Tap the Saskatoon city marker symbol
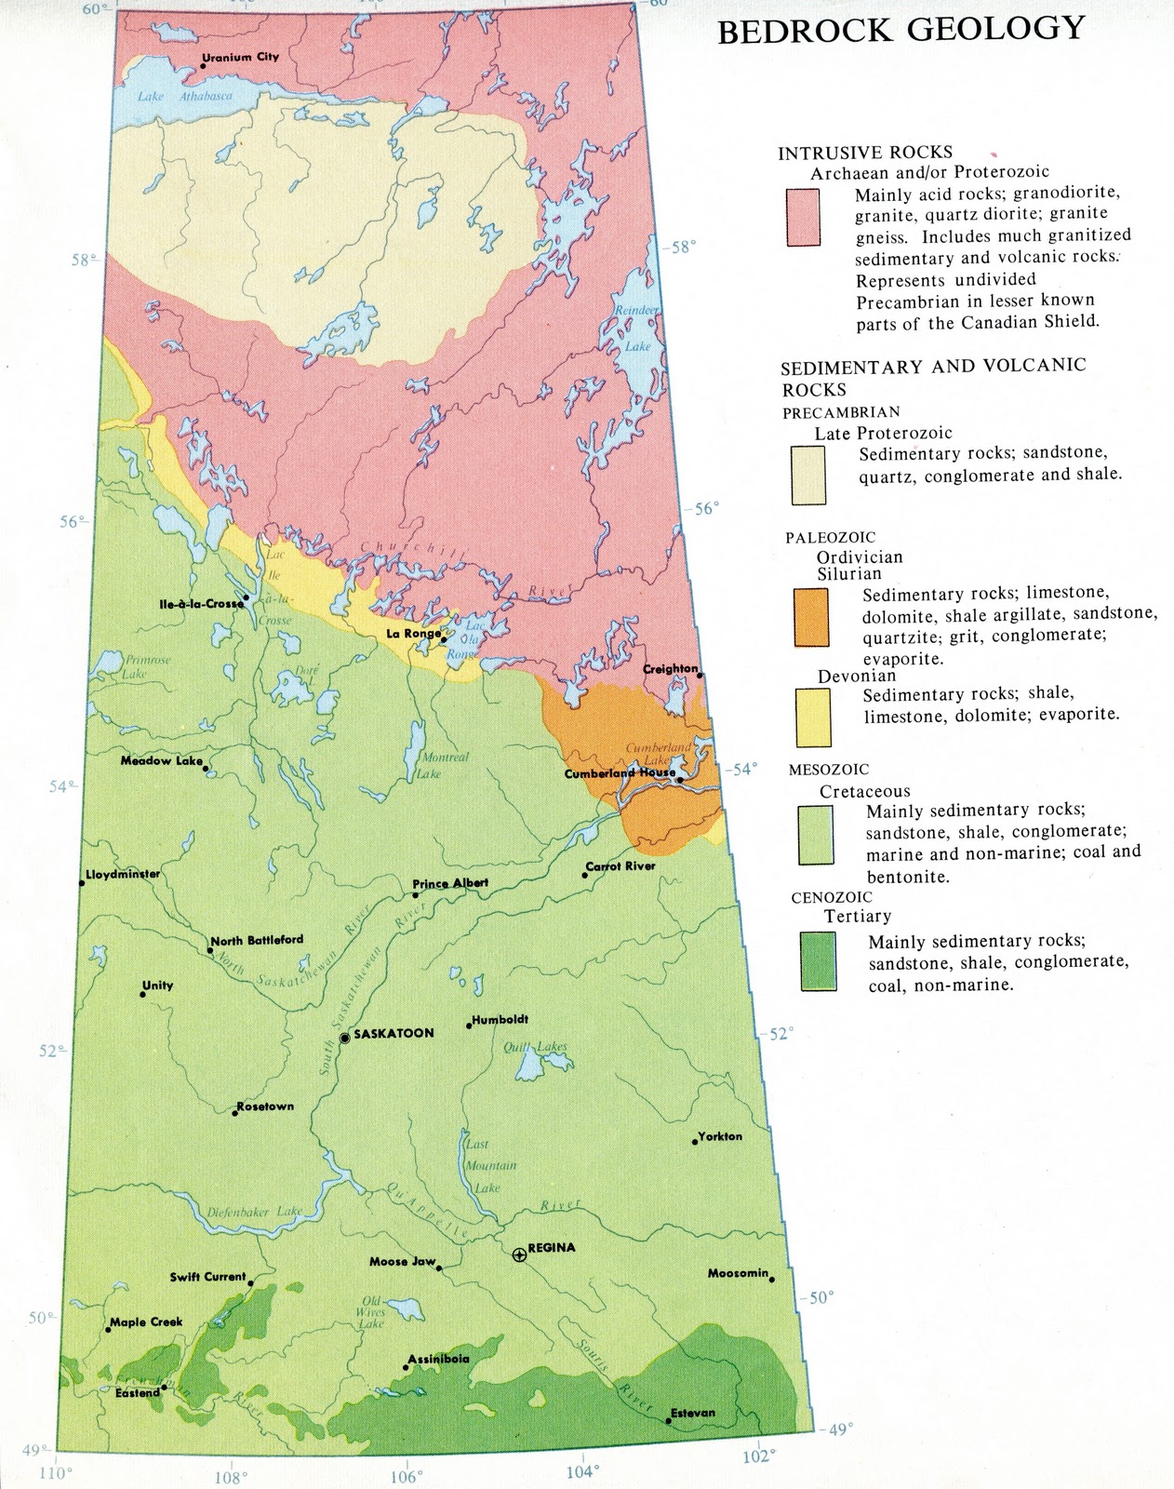344,1037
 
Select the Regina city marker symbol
519,1255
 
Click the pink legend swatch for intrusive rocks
803,217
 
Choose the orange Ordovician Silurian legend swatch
811,616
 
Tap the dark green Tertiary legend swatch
816,960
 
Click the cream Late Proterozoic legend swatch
807,475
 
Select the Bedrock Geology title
901,30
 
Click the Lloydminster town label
123,874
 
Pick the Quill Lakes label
535,1047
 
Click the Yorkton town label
721,1136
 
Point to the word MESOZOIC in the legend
829,770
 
